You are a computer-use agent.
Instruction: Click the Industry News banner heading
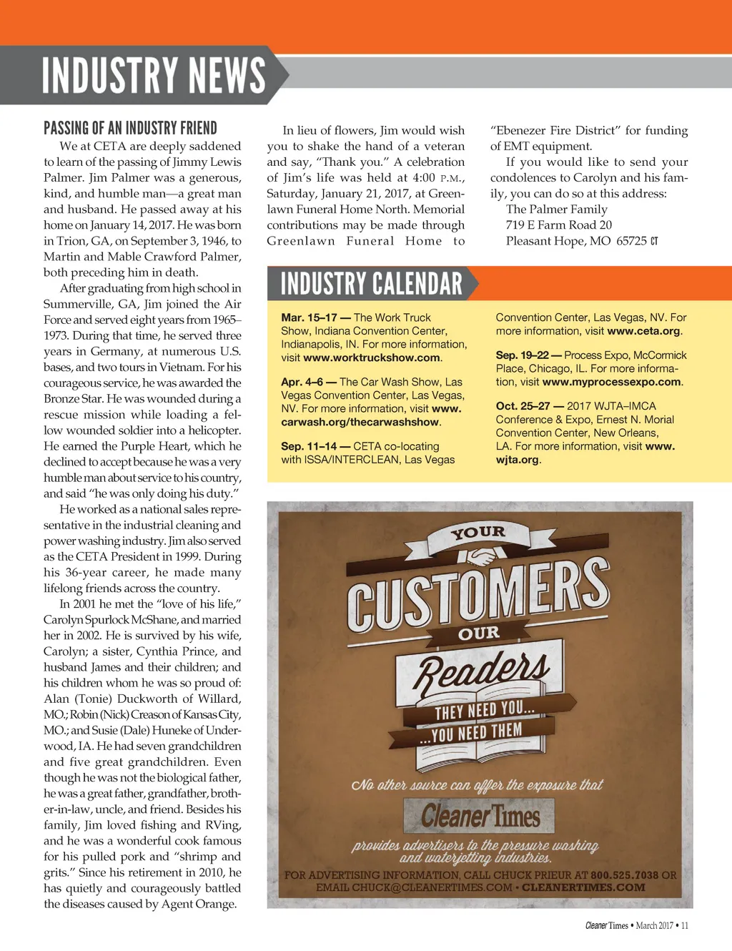pyautogui.click(x=153, y=76)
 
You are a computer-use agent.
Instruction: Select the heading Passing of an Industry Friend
pyautogui.click(x=130, y=129)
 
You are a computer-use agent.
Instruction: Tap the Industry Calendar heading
pyautogui.click(x=372, y=284)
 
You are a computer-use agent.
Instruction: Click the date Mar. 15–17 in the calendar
pyautogui.click(x=309, y=317)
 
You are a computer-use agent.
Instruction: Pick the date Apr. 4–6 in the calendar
pyautogui.click(x=302, y=382)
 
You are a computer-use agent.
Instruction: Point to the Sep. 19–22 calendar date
pyautogui.click(x=523, y=355)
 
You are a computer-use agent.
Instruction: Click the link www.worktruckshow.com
pyautogui.click(x=372, y=358)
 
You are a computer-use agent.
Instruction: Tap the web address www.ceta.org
pyautogui.click(x=643, y=331)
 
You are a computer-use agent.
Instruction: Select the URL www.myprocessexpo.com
pyautogui.click(x=611, y=382)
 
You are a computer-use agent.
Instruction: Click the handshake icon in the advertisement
pyautogui.click(x=477, y=556)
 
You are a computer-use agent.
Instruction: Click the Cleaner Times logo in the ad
pyautogui.click(x=480, y=816)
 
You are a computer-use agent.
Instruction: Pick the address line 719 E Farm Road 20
pyautogui.click(x=558, y=225)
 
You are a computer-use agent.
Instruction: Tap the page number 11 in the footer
pyautogui.click(x=684, y=925)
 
